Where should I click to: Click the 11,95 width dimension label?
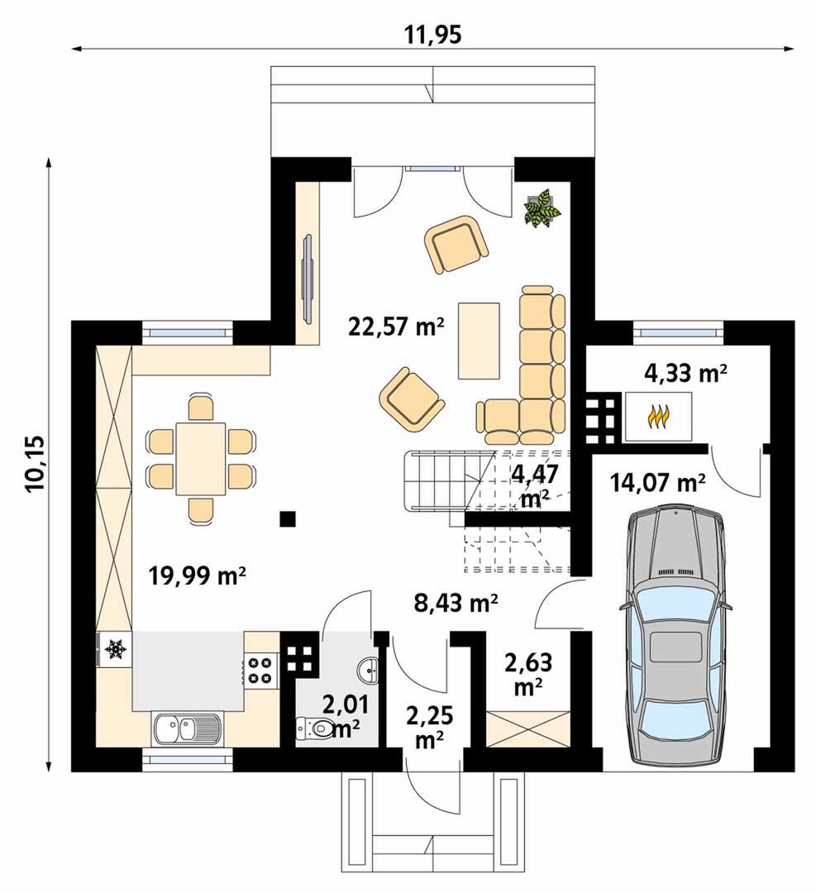pos(432,35)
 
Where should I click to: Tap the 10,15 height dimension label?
pos(35,464)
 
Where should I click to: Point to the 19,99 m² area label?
pos(197,575)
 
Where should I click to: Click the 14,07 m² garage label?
pos(658,483)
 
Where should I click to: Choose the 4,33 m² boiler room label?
pos(685,374)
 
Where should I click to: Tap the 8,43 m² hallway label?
pos(456,603)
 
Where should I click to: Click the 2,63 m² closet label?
pos(528,675)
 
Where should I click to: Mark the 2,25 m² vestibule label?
pos(430,728)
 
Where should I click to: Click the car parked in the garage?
pos(675,637)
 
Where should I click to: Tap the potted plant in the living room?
pos(542,209)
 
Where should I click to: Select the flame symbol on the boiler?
pos(658,416)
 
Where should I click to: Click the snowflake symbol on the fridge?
pos(115,649)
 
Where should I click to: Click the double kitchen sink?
pos(188,729)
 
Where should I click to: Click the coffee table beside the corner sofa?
pos(479,341)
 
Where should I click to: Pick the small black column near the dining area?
pos(288,518)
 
